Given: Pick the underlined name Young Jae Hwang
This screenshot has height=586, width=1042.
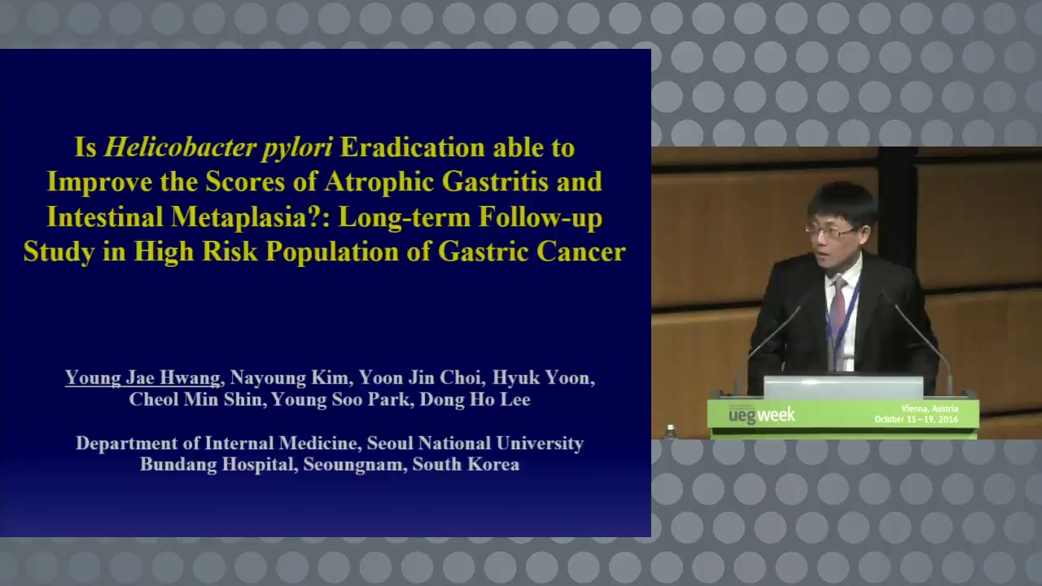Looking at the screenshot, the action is click(x=142, y=378).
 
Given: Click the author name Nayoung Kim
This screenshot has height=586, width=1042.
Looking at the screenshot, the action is click(x=289, y=378).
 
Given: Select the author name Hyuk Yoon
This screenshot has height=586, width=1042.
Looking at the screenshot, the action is click(x=542, y=378).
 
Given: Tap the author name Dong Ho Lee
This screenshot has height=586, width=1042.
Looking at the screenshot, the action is click(x=475, y=400).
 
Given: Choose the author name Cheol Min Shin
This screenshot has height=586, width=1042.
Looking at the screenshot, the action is click(x=195, y=400).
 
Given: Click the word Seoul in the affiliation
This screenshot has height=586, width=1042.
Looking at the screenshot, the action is click(x=390, y=444).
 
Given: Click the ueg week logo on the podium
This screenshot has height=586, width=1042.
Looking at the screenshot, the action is click(x=762, y=414).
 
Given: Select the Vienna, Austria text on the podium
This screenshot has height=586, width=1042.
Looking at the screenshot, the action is click(x=930, y=409).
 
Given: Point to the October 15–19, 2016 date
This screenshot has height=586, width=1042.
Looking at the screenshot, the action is click(x=916, y=419).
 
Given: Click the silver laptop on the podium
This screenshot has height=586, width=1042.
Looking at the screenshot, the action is click(x=843, y=387).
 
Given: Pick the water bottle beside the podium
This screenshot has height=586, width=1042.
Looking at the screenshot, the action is click(x=670, y=431).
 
